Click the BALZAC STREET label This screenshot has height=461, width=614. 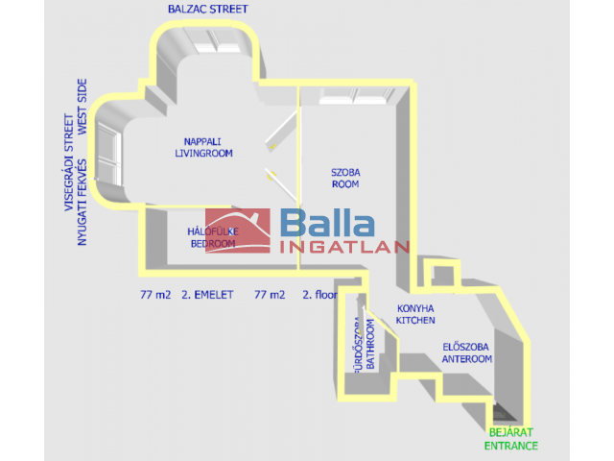[207, 9]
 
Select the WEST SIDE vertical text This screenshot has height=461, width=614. [83, 106]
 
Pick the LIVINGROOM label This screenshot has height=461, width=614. [203, 153]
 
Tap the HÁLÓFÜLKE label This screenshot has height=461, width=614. [212, 231]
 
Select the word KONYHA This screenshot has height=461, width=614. [415, 308]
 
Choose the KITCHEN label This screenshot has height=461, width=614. [415, 321]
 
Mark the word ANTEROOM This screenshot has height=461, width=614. [466, 359]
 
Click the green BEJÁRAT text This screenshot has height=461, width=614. [509, 433]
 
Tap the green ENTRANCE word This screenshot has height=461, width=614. [510, 446]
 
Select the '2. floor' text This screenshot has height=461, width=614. [320, 295]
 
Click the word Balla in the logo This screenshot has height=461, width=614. [327, 225]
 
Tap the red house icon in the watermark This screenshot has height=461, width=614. [238, 231]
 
